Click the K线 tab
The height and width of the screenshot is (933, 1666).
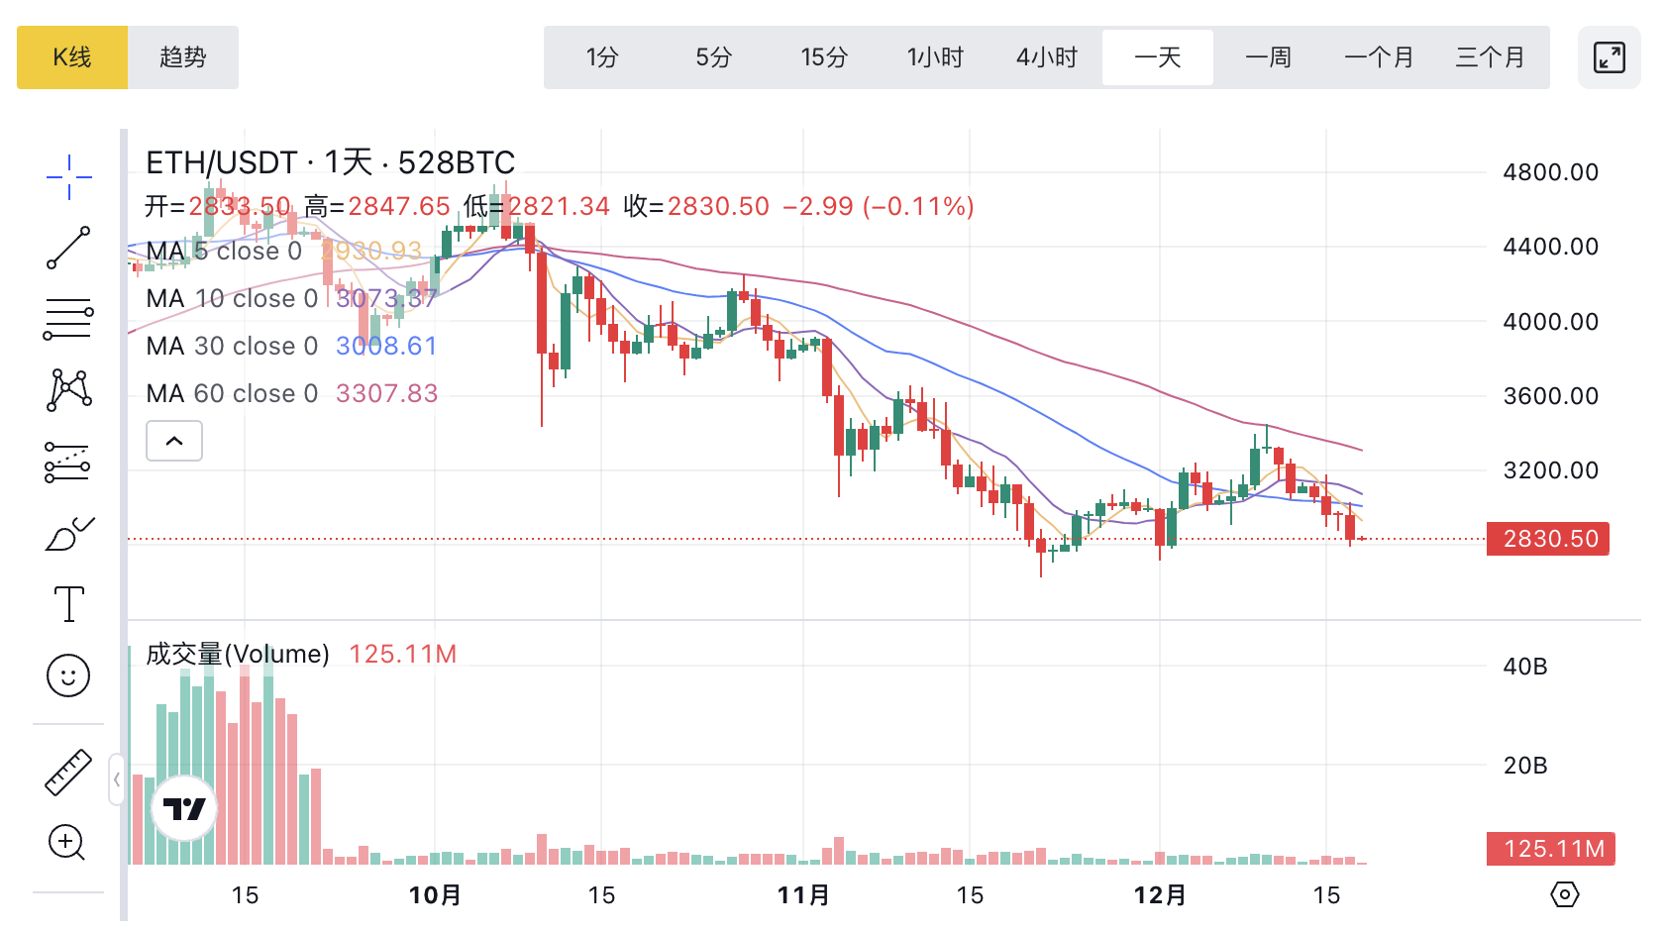(x=72, y=57)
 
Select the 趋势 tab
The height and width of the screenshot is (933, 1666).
(x=183, y=57)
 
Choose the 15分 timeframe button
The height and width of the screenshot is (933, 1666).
(x=824, y=57)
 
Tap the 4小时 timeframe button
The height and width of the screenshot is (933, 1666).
(x=1046, y=57)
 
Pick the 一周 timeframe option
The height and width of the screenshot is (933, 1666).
(x=1268, y=57)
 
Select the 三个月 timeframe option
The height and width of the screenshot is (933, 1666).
(x=1490, y=57)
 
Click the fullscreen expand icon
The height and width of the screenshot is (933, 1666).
(x=1609, y=57)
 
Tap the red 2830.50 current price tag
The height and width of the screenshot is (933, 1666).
(x=1548, y=539)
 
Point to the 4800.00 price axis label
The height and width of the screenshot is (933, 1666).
(x=1550, y=172)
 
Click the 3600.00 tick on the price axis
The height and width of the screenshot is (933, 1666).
(x=1550, y=396)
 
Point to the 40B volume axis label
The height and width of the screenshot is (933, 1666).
(x=1524, y=667)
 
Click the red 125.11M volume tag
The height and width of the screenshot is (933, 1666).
(x=1551, y=849)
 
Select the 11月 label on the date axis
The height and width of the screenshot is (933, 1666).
(x=803, y=895)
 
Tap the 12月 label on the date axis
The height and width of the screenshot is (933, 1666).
(x=1160, y=895)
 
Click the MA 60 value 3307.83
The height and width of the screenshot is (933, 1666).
(x=387, y=394)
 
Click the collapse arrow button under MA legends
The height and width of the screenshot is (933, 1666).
(x=174, y=441)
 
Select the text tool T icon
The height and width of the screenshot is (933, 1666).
(x=68, y=603)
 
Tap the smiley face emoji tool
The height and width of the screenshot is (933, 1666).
(x=68, y=675)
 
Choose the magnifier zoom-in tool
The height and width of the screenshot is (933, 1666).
(x=67, y=843)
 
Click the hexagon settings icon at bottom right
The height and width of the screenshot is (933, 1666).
(x=1564, y=894)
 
